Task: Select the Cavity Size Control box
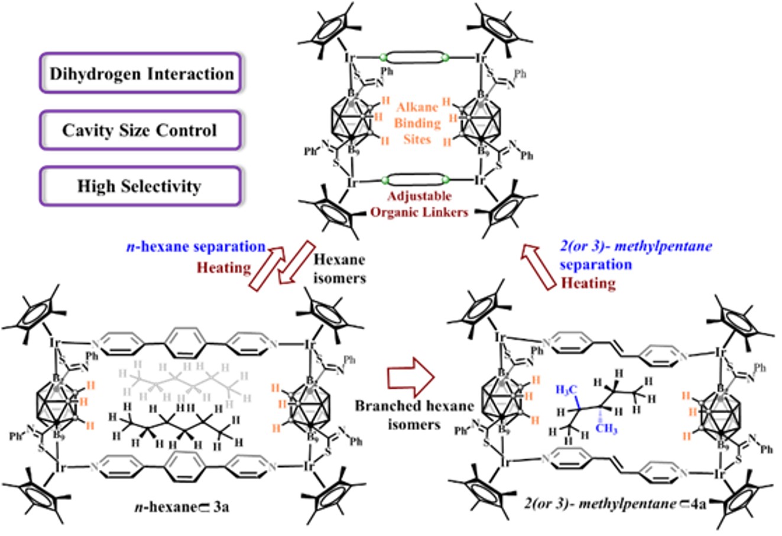(140, 130)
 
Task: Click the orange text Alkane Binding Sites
(419, 123)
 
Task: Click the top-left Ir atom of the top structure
(351, 58)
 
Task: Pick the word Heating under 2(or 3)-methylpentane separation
(588, 283)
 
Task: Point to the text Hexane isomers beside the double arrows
(339, 268)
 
